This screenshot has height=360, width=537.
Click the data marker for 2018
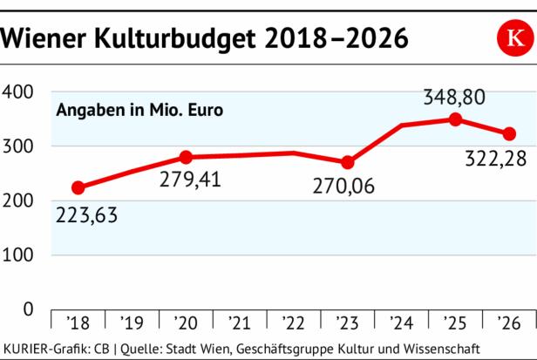(78, 187)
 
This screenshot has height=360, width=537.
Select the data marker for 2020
(185, 157)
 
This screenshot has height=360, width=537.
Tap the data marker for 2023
(348, 162)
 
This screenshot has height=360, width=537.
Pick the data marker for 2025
(455, 119)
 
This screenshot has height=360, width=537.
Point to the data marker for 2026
(509, 133)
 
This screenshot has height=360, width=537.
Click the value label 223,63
(88, 214)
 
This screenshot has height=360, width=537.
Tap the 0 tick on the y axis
(27, 309)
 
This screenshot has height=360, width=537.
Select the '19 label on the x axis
(132, 323)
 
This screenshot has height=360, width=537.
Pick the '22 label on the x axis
(294, 323)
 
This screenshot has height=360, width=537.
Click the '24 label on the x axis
(402, 323)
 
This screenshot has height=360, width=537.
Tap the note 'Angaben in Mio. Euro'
(139, 111)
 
